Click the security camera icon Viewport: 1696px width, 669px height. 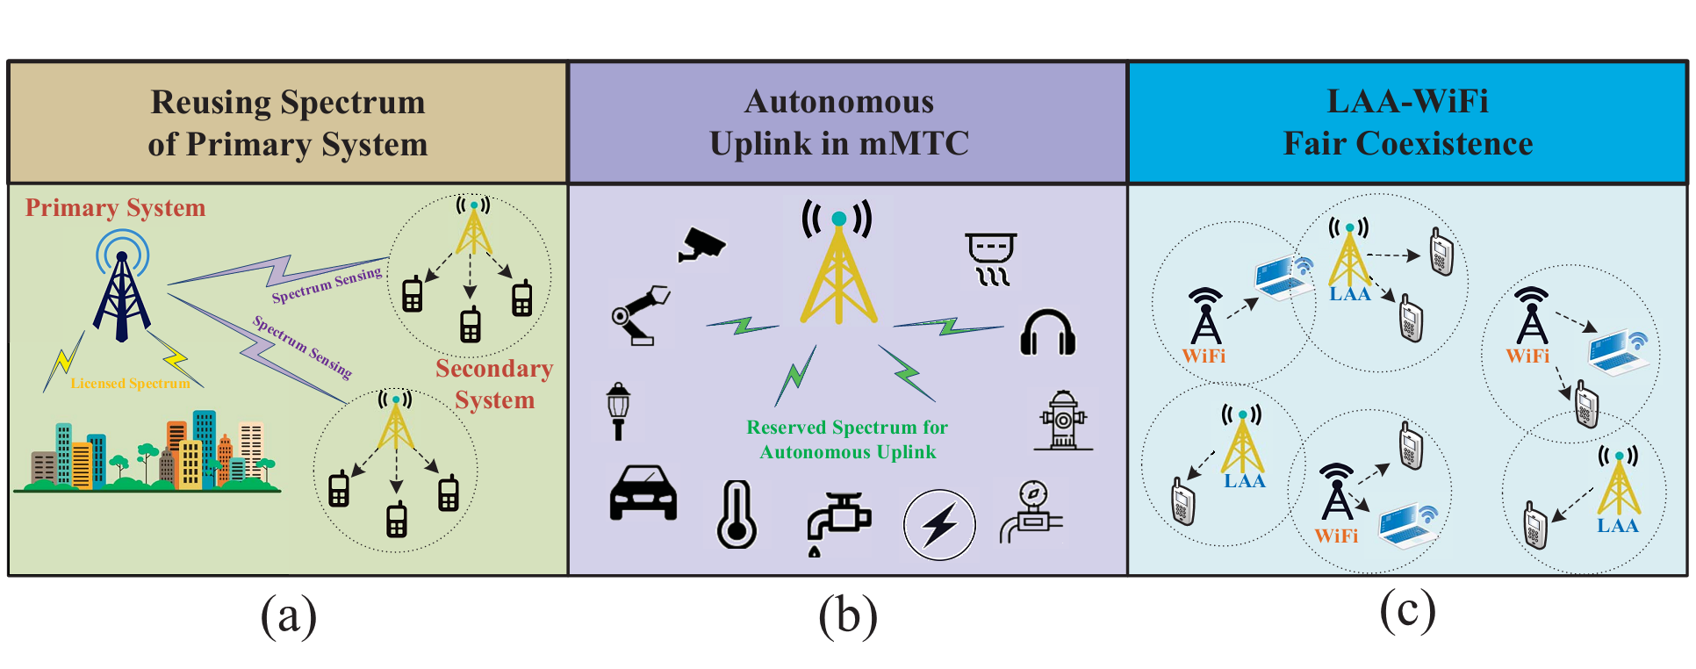pos(701,245)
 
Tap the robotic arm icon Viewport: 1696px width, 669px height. pos(640,314)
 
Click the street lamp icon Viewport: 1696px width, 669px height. pos(619,410)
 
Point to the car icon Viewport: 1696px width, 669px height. pos(643,493)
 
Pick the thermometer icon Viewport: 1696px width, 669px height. pos(737,515)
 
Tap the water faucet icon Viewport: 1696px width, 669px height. pos(837,523)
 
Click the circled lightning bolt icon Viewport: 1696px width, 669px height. pos(939,525)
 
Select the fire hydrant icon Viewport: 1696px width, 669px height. pos(1063,421)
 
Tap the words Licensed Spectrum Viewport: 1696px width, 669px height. pos(130,384)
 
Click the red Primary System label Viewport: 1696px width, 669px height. pos(115,208)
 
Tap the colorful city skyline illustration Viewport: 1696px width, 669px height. pos(147,452)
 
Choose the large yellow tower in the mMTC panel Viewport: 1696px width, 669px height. pos(838,263)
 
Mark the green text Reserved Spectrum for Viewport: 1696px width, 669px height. pos(847,428)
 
